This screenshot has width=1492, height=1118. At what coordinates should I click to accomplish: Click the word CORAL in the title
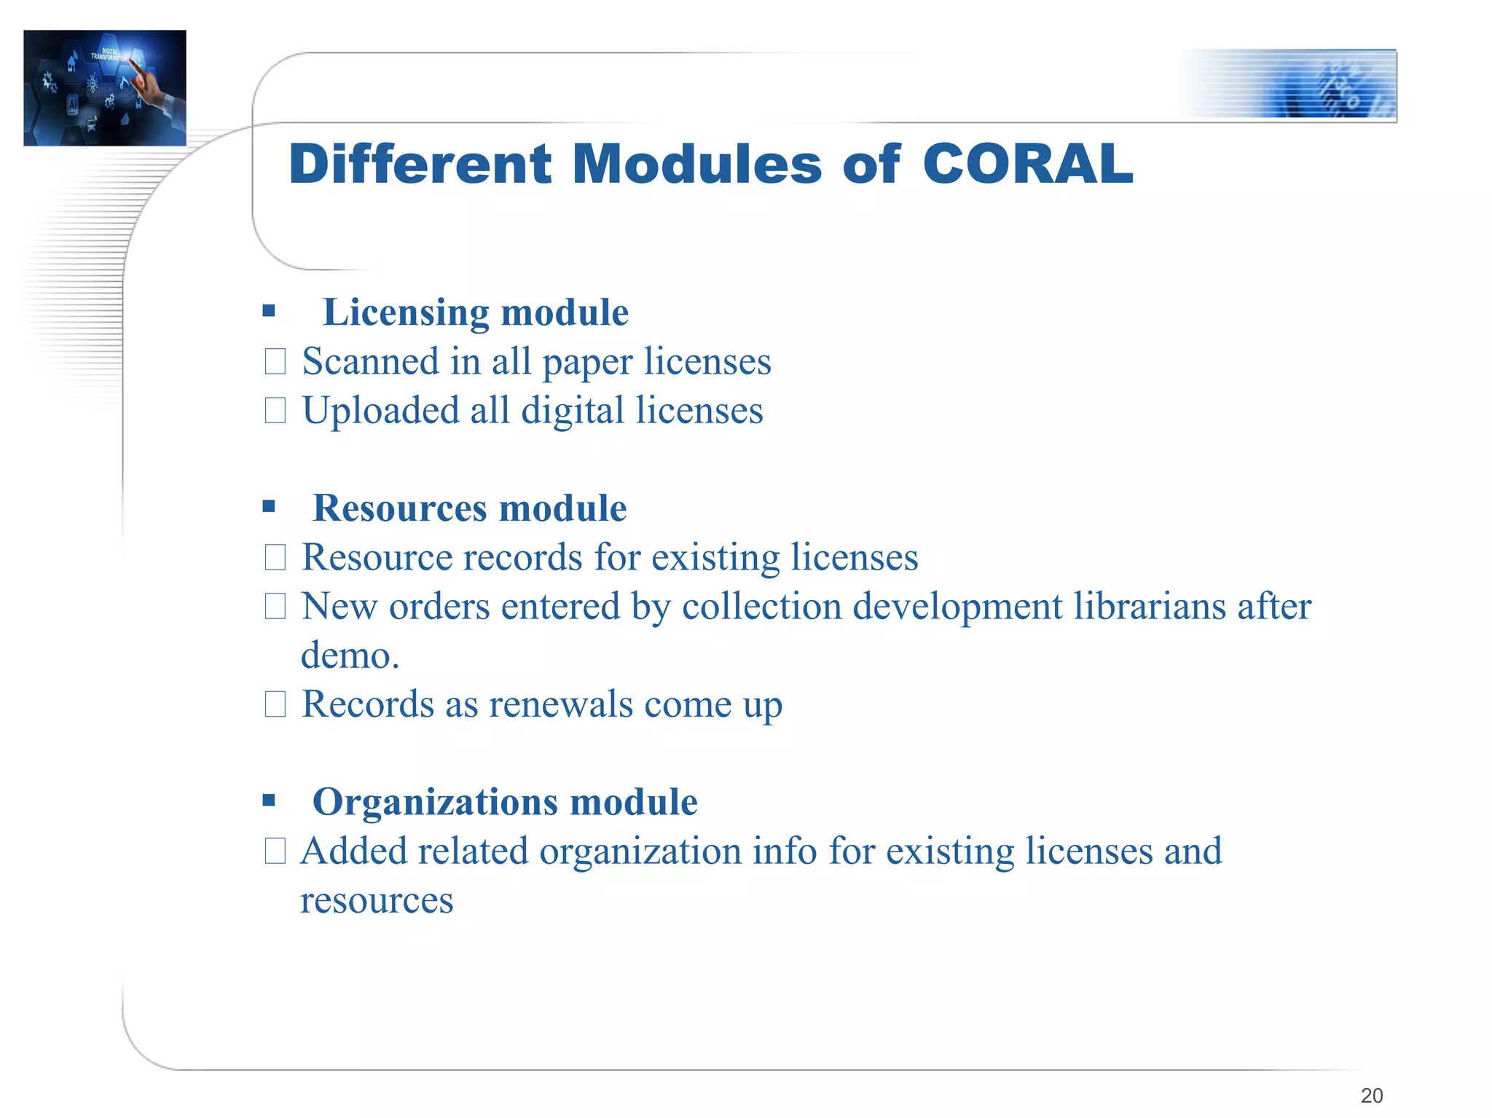tap(1027, 164)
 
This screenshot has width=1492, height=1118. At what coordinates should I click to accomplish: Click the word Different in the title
tap(420, 164)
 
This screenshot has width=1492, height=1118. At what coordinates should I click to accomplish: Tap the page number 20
tap(1371, 1095)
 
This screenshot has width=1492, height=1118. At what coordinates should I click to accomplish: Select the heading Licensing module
tap(475, 312)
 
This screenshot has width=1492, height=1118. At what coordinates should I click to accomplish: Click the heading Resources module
tap(469, 508)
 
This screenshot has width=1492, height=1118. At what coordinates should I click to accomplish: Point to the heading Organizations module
tap(504, 802)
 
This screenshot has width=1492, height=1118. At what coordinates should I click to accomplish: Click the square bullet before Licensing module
tap(269, 312)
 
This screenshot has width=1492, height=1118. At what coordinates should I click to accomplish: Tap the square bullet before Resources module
tap(269, 506)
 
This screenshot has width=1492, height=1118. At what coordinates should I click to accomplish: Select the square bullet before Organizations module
tap(269, 801)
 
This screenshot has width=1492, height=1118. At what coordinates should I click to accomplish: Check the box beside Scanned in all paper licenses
tap(275, 361)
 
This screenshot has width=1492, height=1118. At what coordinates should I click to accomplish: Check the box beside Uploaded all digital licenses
tap(275, 410)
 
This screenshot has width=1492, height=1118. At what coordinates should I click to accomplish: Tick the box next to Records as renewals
tap(275, 704)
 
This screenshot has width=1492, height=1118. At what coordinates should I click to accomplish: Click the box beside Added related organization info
tap(275, 851)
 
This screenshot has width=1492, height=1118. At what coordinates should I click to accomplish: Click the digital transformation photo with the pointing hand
tap(105, 87)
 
